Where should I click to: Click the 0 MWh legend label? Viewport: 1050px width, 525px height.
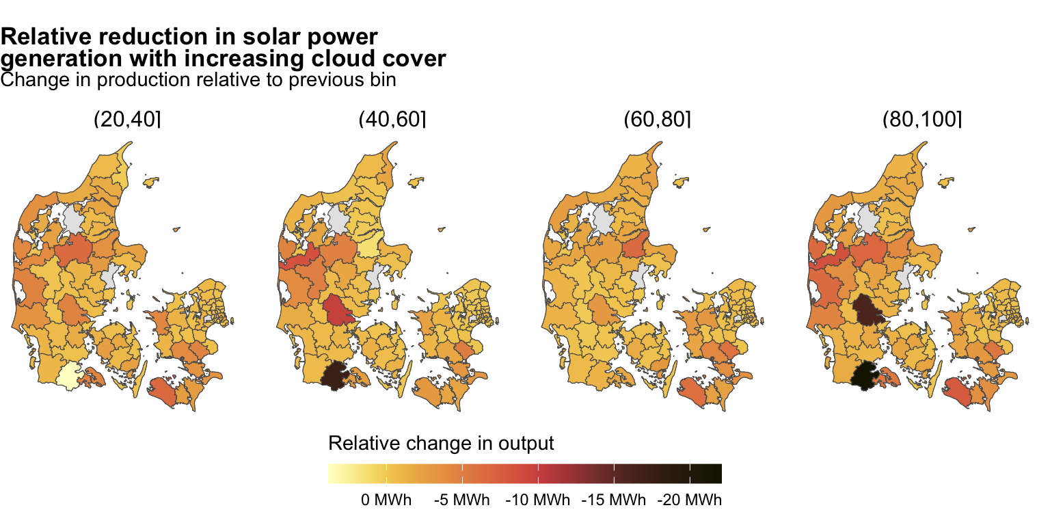(x=386, y=500)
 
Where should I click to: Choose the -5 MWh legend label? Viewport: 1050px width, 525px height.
(x=461, y=500)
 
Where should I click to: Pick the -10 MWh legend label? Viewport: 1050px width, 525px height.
(x=537, y=500)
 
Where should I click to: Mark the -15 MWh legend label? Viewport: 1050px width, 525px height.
(x=613, y=500)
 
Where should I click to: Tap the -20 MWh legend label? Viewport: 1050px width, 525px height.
(x=689, y=500)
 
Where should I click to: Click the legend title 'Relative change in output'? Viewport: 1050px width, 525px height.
(x=441, y=444)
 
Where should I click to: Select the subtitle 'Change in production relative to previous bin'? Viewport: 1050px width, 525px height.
(x=199, y=80)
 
